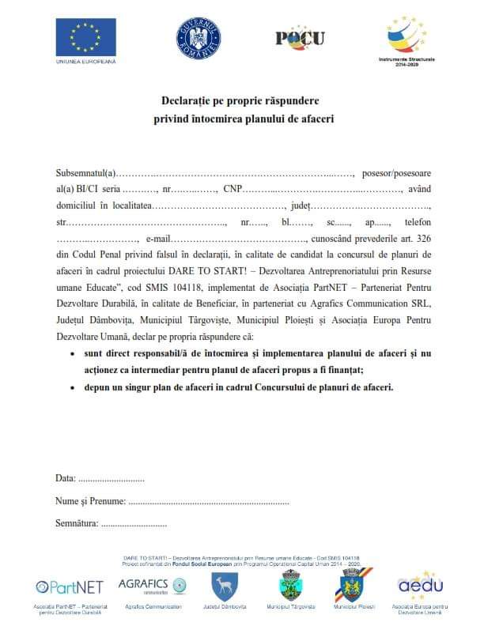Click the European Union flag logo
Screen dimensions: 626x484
click(x=85, y=36)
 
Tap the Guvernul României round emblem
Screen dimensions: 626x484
click(x=199, y=37)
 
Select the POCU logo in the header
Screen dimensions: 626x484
click(x=300, y=37)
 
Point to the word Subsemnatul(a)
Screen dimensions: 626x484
click(x=86, y=172)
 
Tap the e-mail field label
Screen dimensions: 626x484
click(x=158, y=239)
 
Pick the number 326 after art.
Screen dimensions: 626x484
click(x=423, y=239)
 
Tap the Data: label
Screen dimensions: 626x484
click(x=66, y=478)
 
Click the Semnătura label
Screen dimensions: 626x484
click(x=77, y=523)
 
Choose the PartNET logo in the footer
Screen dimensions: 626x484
click(x=70, y=587)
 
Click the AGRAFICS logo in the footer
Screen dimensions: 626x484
click(x=152, y=585)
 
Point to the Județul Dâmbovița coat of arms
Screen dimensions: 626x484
click(x=225, y=586)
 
